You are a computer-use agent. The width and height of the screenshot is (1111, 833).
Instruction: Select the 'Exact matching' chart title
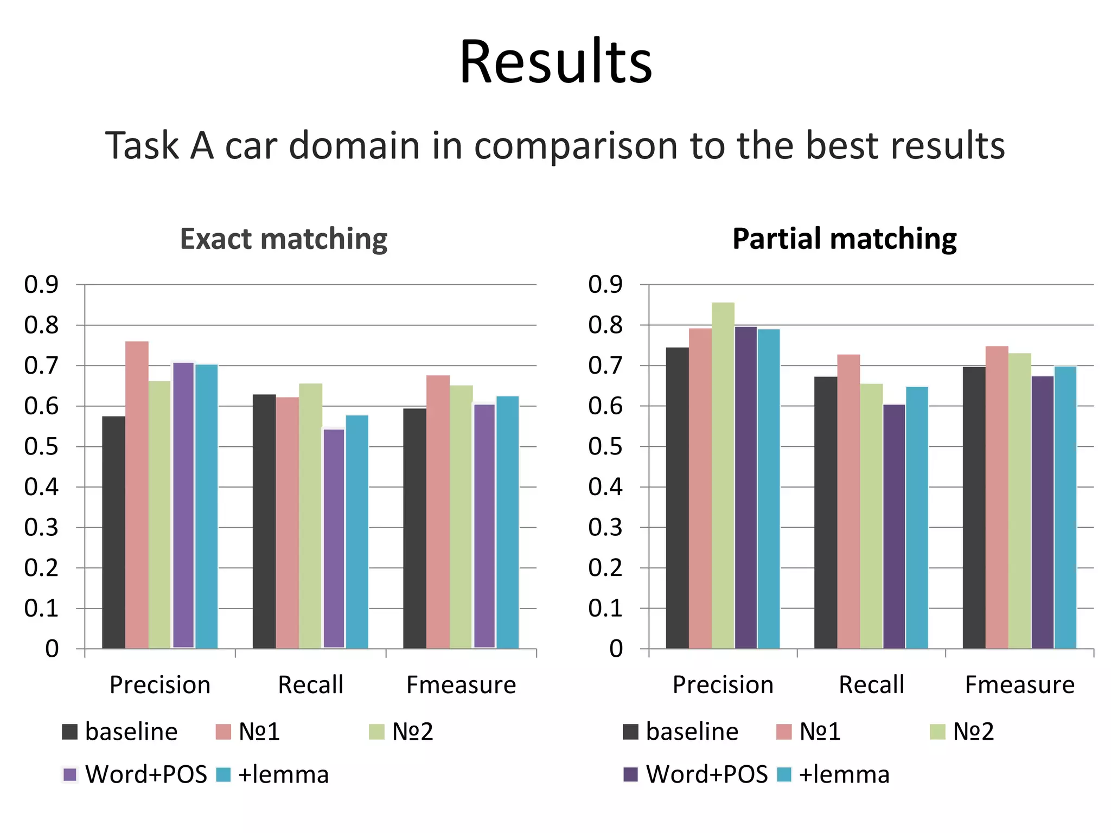284,239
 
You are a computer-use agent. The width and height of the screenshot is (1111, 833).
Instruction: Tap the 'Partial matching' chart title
845,239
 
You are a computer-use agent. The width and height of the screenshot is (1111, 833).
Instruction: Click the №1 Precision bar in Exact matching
137,494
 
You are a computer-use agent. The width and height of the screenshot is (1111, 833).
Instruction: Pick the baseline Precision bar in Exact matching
113,531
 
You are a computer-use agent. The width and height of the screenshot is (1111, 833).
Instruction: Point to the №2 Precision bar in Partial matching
723,475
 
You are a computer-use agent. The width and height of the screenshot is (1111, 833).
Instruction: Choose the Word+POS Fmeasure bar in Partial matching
1042,512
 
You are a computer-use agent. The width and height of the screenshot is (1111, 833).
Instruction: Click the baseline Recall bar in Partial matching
825,512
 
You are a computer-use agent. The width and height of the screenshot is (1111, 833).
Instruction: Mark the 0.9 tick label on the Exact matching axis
41,285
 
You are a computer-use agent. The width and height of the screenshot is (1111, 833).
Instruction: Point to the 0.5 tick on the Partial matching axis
605,447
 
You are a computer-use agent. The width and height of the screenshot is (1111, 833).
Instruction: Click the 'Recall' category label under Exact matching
310,685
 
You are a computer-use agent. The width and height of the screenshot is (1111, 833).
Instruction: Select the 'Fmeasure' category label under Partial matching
1019,685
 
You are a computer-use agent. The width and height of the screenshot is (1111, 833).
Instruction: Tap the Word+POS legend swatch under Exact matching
70,774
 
